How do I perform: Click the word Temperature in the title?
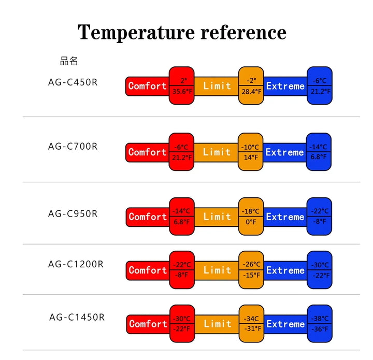136,32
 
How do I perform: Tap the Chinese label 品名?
69,61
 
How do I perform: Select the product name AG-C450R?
73,82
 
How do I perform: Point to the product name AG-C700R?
73,146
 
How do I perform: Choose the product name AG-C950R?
73,213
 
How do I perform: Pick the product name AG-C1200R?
76,264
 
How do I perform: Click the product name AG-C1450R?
77,316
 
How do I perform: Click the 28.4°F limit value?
251,92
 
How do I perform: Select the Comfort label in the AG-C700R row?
148,152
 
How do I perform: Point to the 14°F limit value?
251,157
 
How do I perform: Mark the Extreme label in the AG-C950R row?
285,217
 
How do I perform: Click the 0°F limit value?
251,222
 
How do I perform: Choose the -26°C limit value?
251,265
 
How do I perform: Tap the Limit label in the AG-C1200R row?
217,270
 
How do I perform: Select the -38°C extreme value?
320,319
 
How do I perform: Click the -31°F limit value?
251,328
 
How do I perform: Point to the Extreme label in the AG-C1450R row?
285,324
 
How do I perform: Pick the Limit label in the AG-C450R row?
217,86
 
